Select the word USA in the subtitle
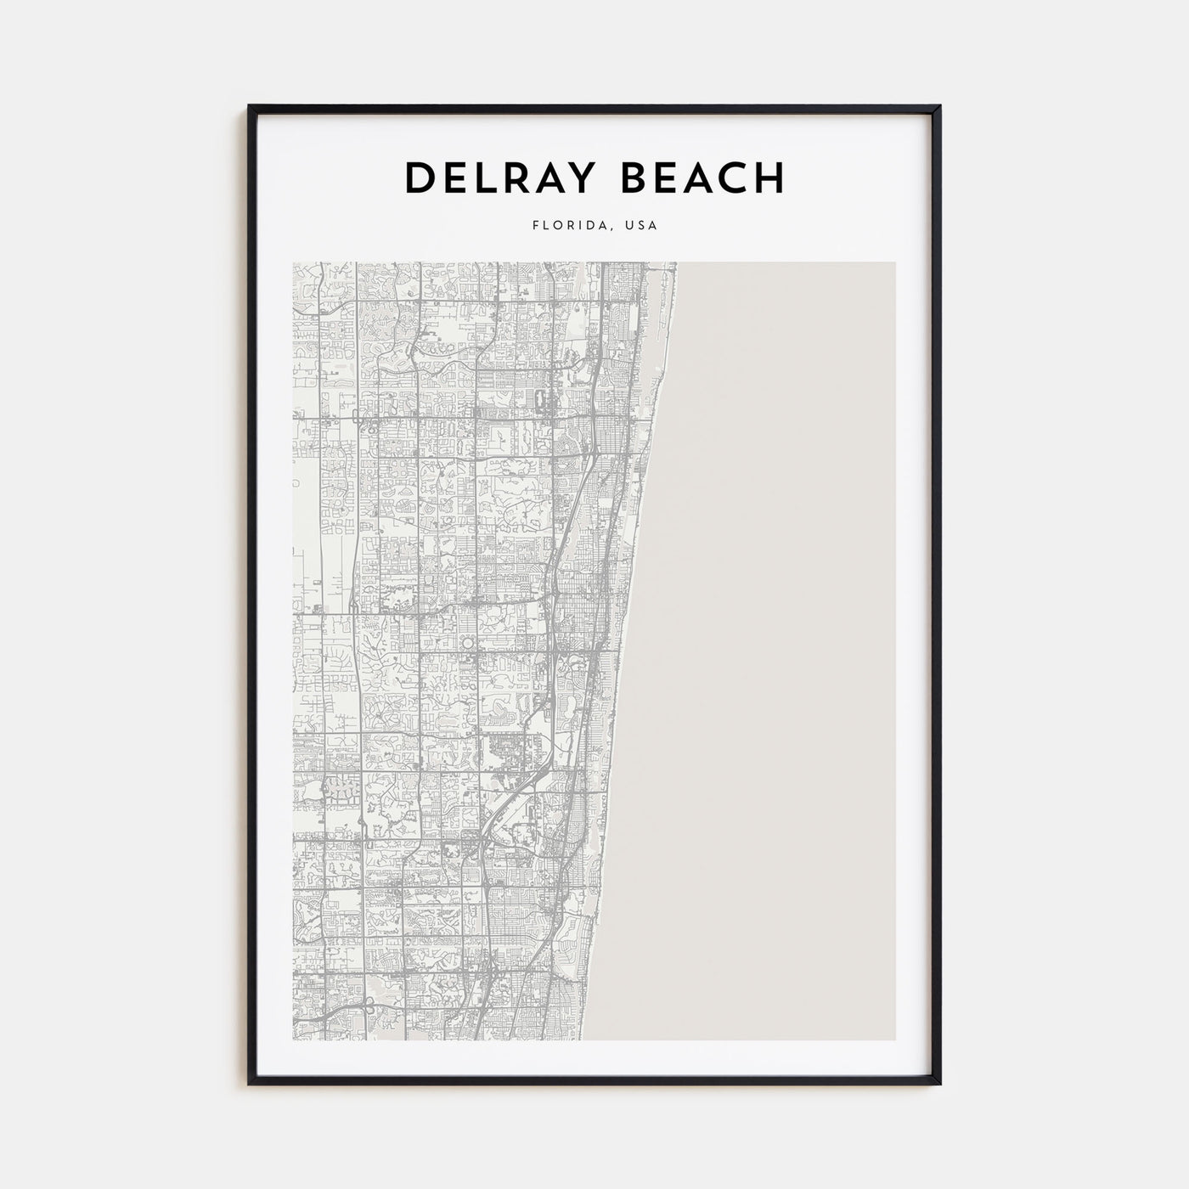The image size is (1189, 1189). pos(641,227)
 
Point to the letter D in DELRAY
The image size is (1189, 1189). pos(419,178)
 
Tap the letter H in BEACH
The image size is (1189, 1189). pos(769,178)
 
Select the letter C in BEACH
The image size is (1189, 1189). pos(733,178)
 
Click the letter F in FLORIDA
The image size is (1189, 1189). pos(535,227)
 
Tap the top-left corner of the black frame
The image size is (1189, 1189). pos(250,106)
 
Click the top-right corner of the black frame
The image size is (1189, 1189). pos(939,106)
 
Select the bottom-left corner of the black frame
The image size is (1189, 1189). pos(250,1084)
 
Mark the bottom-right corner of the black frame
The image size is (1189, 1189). pos(939,1084)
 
